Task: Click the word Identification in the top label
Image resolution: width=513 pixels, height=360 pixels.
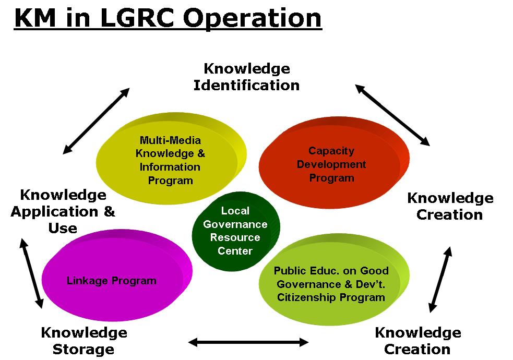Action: tap(246, 86)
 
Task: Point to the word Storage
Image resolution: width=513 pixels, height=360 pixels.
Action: tap(83, 350)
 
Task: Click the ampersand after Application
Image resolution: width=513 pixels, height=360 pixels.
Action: tap(110, 211)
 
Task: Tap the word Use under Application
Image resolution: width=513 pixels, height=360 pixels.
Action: tap(63, 228)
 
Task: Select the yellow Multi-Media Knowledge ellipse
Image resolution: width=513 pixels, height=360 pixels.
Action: tap(171, 159)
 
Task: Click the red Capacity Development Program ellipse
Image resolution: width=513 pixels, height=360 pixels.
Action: tap(334, 162)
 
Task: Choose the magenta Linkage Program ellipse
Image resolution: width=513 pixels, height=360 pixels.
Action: tap(117, 275)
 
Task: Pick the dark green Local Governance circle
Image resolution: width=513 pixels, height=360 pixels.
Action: tap(236, 231)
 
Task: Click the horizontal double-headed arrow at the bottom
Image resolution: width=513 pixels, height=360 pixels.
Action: tap(248, 342)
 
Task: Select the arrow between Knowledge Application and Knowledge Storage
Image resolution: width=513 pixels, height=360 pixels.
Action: tap(31, 273)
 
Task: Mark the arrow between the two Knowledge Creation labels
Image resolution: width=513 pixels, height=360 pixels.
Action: tap(440, 280)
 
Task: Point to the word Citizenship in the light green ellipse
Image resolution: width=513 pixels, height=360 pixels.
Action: tap(306, 297)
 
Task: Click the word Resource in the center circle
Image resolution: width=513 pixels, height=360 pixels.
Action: tap(235, 237)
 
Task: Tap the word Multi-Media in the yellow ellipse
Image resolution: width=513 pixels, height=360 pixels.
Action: tap(170, 140)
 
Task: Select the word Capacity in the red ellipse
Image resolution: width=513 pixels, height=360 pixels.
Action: tap(331, 151)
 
